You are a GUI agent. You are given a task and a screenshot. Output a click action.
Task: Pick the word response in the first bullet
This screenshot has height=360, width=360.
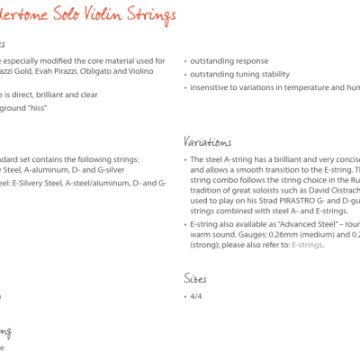(246, 61)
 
